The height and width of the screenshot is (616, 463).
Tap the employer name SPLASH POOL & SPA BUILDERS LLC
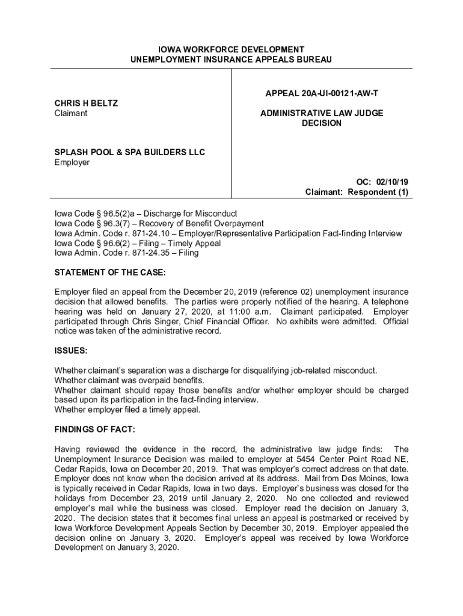(x=130, y=152)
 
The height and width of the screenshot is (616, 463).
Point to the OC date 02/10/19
(x=393, y=182)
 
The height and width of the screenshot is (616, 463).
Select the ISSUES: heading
(x=71, y=350)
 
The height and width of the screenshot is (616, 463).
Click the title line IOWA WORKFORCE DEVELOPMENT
(x=231, y=49)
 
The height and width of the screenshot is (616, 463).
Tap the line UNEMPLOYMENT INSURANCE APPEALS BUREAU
(x=231, y=60)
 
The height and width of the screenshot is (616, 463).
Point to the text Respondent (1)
(x=381, y=192)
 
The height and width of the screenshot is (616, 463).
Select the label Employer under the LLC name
(x=72, y=162)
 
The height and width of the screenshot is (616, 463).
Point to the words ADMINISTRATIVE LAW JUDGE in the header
(x=322, y=113)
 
